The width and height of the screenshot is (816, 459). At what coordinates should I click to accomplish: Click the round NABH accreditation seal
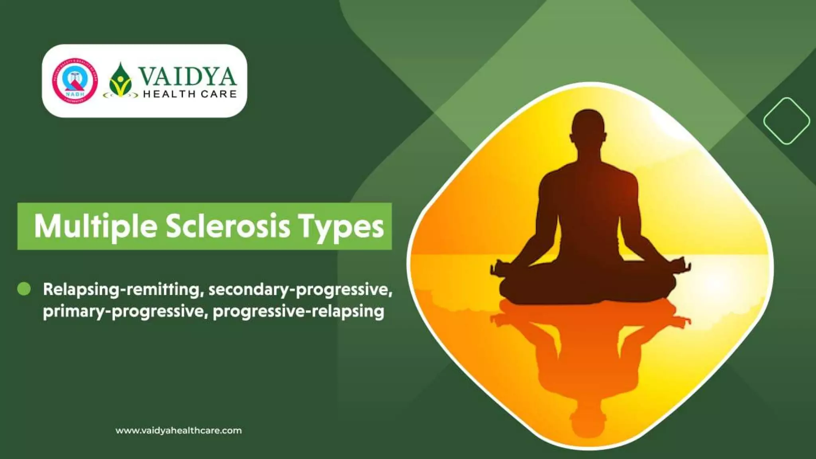[x=75, y=81]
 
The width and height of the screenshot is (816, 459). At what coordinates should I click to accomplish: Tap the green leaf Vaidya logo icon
[x=120, y=80]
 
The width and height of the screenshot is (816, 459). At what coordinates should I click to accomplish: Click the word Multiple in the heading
[x=95, y=226]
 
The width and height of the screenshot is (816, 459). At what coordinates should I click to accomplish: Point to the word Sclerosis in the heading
[x=228, y=226]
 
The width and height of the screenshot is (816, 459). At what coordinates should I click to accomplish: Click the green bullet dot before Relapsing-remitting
[x=24, y=289]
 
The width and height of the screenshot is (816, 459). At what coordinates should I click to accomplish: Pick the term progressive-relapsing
[x=298, y=311]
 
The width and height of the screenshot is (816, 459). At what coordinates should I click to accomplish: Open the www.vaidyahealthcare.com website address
[x=178, y=431]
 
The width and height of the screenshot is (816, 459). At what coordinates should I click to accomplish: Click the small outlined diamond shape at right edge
[x=786, y=121]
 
